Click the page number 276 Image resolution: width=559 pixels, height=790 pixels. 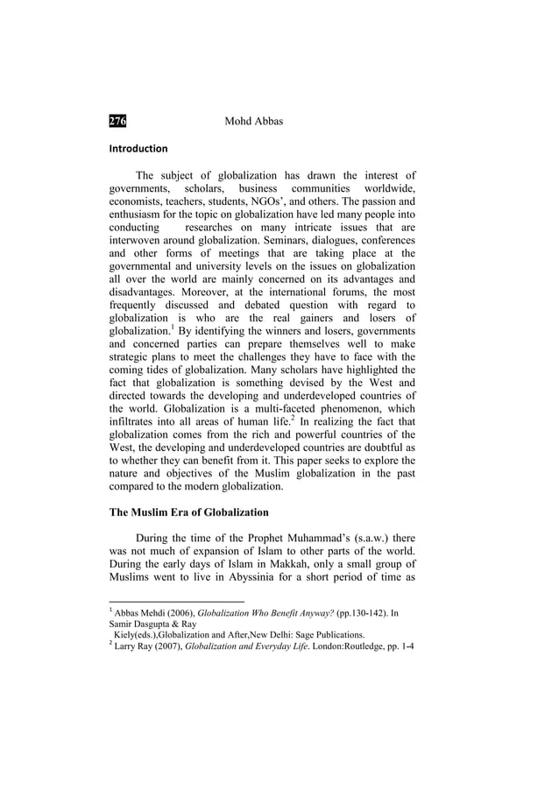tap(117, 120)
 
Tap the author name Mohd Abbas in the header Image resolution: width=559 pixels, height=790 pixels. tap(254, 120)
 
